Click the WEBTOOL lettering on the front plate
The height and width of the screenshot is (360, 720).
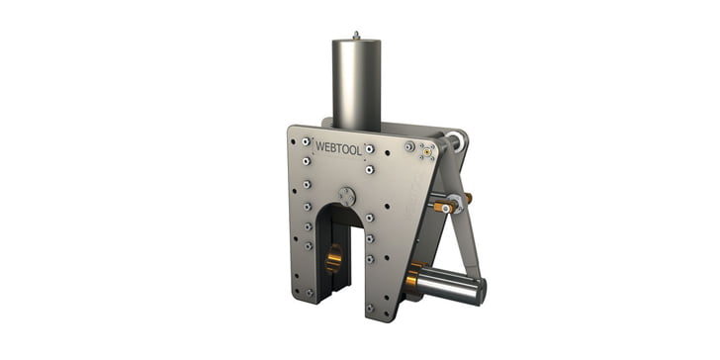click(x=339, y=148)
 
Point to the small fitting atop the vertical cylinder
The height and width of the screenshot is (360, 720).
click(x=356, y=35)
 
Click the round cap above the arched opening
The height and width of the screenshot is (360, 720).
click(x=347, y=197)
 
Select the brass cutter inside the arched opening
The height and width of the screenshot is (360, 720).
click(x=334, y=258)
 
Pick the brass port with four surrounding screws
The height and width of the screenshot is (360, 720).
click(x=427, y=151)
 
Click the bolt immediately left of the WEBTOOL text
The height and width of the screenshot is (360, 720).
click(x=306, y=141)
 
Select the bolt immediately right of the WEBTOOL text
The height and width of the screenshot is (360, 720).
click(x=370, y=148)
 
